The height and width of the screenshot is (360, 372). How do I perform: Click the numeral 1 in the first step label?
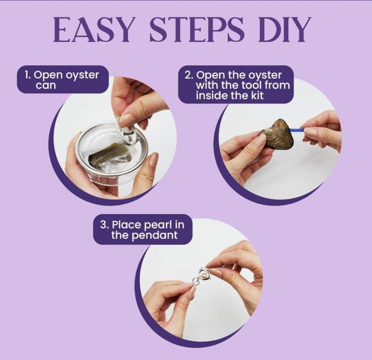point(27,75)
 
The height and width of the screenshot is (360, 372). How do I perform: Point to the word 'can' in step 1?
point(46,85)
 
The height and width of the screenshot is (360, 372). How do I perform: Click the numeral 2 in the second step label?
point(188,75)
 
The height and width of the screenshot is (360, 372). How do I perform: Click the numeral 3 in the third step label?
point(103,224)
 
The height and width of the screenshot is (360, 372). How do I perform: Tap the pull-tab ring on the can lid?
point(126,130)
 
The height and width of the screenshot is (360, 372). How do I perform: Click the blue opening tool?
point(297,130)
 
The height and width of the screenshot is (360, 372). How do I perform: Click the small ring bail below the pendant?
point(194,282)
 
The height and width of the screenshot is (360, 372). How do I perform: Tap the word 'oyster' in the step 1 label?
point(82,76)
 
